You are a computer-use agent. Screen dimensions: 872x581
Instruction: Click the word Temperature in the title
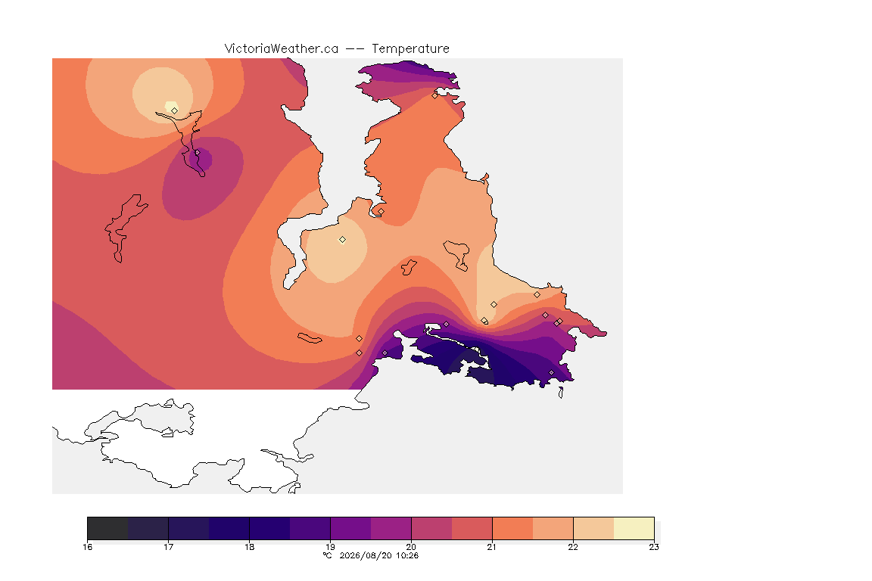pyautogui.click(x=410, y=49)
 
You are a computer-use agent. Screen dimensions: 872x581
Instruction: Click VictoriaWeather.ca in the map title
pyautogui.click(x=282, y=49)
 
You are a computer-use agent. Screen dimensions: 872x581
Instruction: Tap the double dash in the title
pyautogui.click(x=355, y=49)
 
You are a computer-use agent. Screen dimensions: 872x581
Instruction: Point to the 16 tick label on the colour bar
pyautogui.click(x=87, y=547)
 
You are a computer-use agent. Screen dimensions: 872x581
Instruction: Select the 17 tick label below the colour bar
pyautogui.click(x=169, y=547)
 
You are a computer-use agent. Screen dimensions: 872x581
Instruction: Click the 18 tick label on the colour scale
pyautogui.click(x=250, y=547)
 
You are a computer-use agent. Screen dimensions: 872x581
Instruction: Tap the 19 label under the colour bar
pyautogui.click(x=330, y=547)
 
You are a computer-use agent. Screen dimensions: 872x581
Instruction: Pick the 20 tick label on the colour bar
pyautogui.click(x=412, y=547)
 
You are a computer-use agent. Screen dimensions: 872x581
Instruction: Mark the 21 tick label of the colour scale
pyautogui.click(x=492, y=547)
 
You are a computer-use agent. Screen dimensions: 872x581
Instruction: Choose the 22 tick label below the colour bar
pyautogui.click(x=573, y=547)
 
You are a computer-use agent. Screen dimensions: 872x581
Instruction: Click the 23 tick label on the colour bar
pyautogui.click(x=654, y=547)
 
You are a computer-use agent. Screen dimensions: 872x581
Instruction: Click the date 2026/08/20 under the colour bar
pyautogui.click(x=366, y=555)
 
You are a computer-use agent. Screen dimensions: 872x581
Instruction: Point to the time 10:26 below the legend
pyautogui.click(x=407, y=555)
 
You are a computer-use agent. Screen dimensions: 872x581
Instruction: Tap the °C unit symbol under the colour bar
pyautogui.click(x=327, y=555)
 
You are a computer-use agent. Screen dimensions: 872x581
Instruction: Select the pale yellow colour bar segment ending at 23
pyautogui.click(x=634, y=528)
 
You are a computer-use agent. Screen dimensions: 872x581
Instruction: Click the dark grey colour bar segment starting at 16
pyautogui.click(x=108, y=528)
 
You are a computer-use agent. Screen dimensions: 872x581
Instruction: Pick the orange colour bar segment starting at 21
pyautogui.click(x=512, y=528)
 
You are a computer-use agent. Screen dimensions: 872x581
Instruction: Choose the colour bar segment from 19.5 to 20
pyautogui.click(x=391, y=528)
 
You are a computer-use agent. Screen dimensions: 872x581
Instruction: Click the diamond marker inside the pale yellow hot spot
pyautogui.click(x=175, y=110)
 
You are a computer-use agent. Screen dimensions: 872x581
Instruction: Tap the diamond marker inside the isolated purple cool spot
pyautogui.click(x=197, y=152)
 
